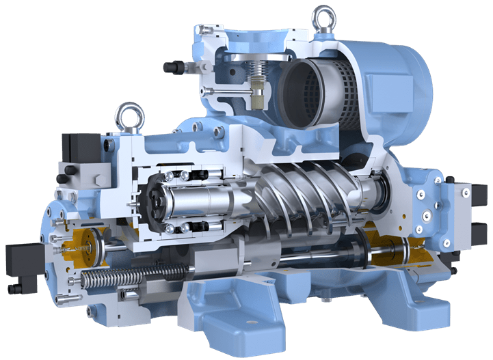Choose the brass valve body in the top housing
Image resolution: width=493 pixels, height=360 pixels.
(258, 96)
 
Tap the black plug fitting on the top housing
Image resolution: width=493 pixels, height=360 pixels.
(170, 68)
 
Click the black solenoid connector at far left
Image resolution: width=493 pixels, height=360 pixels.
(15, 263)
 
